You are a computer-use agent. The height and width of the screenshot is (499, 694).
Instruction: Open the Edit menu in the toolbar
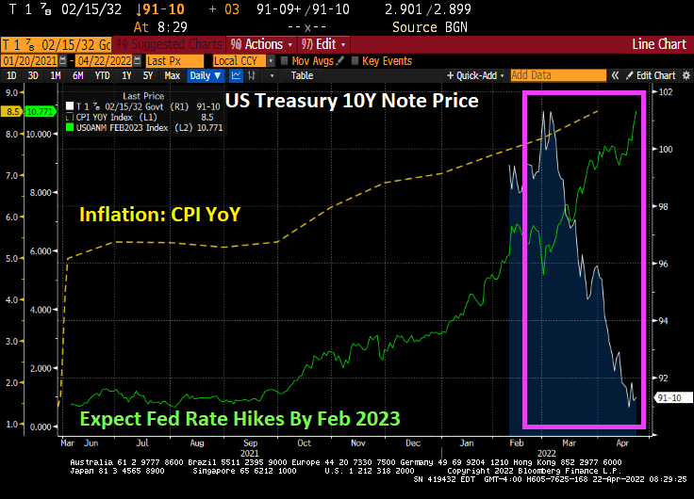[x=326, y=44]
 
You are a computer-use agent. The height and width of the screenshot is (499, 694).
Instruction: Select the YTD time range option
[x=101, y=75]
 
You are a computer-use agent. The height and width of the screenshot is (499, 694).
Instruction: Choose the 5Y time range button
[x=147, y=75]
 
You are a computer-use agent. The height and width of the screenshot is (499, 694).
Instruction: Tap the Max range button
[x=172, y=75]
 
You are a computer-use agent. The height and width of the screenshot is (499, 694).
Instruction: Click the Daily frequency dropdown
[x=205, y=75]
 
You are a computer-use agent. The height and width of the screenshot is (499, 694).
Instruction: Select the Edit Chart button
[x=653, y=75]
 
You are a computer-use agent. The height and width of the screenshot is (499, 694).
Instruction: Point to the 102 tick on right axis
[x=666, y=92]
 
